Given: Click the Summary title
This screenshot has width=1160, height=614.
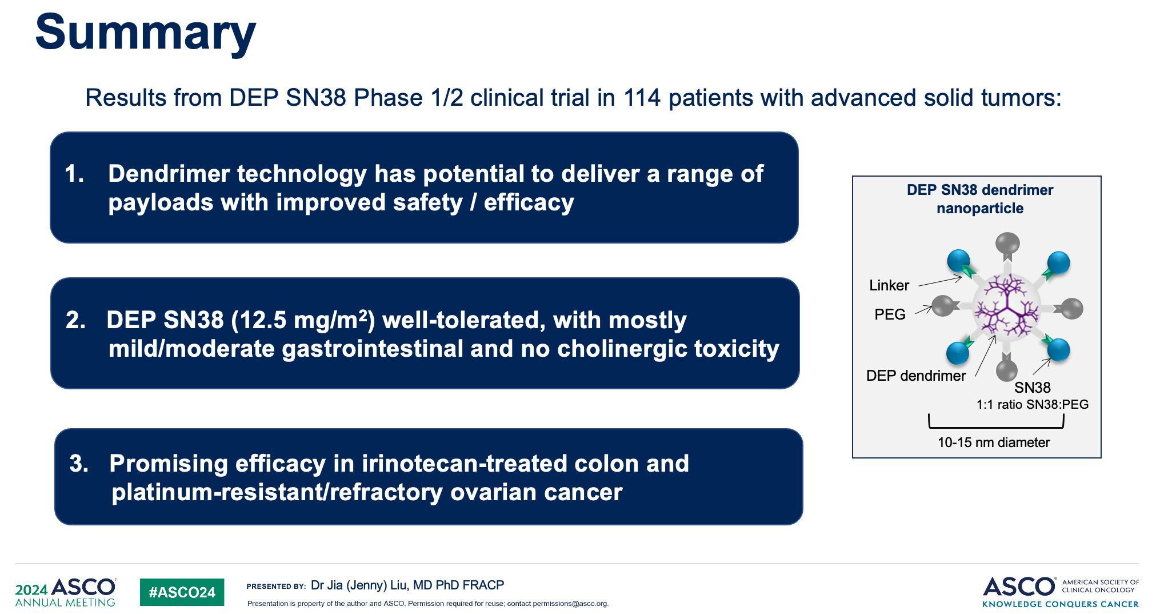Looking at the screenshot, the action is click(x=145, y=33).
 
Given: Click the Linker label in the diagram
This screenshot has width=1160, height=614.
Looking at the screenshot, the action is click(x=889, y=285).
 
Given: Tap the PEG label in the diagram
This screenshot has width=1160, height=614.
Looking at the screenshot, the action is click(x=890, y=314).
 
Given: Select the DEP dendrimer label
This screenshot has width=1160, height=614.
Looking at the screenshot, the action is click(x=916, y=376).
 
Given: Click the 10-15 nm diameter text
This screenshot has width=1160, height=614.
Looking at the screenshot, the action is click(x=994, y=442).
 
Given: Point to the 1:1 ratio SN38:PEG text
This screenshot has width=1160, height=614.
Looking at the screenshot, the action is click(x=1033, y=405).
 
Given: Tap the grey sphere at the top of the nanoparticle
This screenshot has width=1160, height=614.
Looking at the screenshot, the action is click(x=1007, y=243).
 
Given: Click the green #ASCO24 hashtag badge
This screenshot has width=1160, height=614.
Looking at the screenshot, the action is click(x=182, y=592).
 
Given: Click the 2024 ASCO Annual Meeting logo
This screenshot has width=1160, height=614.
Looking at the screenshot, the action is click(x=66, y=592).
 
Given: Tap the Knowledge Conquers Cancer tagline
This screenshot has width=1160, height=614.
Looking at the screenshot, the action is click(x=1061, y=604).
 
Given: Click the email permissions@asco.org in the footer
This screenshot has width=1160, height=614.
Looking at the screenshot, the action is click(x=570, y=604).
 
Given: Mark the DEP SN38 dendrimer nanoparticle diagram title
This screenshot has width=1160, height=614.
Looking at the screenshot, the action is click(x=980, y=199).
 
